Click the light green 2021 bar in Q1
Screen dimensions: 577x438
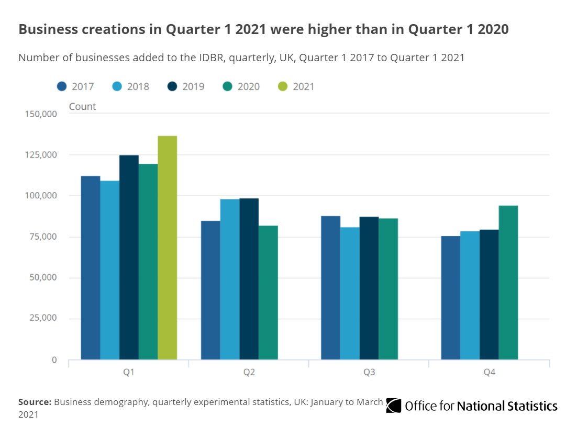click(168, 248)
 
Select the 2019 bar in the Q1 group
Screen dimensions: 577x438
click(129, 257)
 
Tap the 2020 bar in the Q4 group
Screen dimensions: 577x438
click(508, 283)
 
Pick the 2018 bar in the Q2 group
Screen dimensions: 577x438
click(230, 279)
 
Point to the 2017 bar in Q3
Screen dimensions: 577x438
click(331, 288)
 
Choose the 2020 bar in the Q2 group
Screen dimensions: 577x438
click(268, 293)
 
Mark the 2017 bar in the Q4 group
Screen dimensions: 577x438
click(451, 298)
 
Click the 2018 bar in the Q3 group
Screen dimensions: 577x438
click(350, 293)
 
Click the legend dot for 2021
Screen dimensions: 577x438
click(283, 86)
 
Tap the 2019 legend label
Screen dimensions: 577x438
click(193, 86)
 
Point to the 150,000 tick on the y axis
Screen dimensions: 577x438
click(41, 114)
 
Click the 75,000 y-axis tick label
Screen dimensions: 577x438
click(43, 237)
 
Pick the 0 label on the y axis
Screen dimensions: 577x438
click(54, 360)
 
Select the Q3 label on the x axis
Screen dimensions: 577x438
click(369, 372)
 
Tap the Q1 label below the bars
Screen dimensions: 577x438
click(128, 372)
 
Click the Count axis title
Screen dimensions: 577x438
click(82, 106)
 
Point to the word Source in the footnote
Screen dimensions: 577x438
click(35, 402)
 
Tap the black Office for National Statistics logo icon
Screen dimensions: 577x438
click(393, 406)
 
